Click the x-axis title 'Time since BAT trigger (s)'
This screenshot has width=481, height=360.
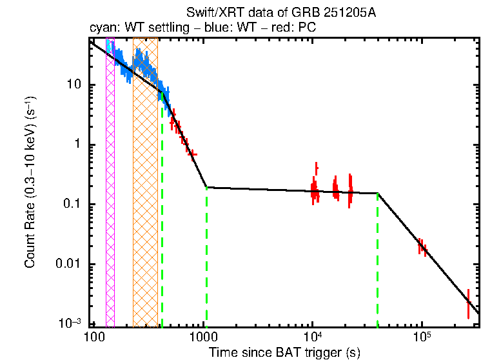pyautogui.click(x=284, y=352)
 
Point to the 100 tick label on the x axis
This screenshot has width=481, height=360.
pyautogui.click(x=94, y=339)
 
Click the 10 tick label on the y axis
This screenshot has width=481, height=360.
pyautogui.click(x=75, y=85)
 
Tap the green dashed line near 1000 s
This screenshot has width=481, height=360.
pyautogui.click(x=206, y=258)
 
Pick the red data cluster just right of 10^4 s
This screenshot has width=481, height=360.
pyautogui.click(x=315, y=190)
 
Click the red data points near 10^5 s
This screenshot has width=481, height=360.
pyautogui.click(x=422, y=246)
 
